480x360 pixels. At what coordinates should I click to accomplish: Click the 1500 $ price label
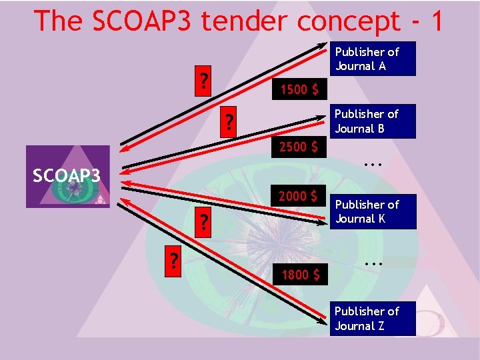pyautogui.click(x=299, y=89)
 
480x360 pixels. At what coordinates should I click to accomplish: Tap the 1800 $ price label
pyautogui.click(x=299, y=273)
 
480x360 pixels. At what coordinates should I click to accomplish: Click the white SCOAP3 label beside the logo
pyautogui.click(x=67, y=176)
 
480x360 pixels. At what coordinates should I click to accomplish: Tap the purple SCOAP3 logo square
pyautogui.click(x=67, y=177)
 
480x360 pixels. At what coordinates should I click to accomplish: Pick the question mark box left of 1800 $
pyautogui.click(x=175, y=257)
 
